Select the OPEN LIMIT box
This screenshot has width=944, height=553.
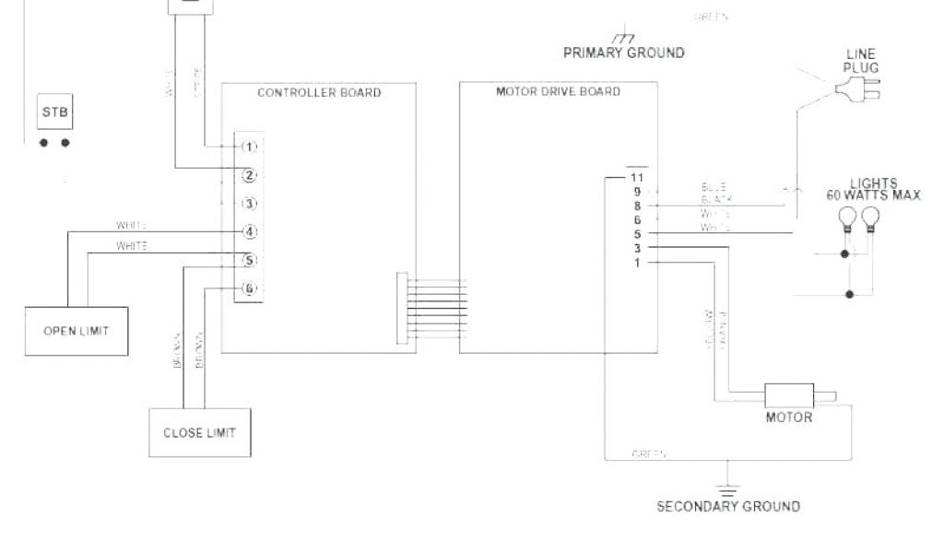pos(76,331)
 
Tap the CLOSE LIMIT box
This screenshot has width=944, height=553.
pos(199,432)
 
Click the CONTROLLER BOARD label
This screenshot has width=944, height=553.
pos(318,93)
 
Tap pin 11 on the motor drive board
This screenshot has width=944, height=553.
pos(636,176)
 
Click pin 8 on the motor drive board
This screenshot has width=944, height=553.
pos(637,206)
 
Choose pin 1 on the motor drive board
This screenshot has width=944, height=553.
pos(637,263)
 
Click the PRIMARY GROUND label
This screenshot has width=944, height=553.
pos(623,53)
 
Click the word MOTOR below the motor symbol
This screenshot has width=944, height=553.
pos(789,418)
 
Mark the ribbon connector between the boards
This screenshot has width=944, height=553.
pos(402,308)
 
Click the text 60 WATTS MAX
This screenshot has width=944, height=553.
pos(874,194)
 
